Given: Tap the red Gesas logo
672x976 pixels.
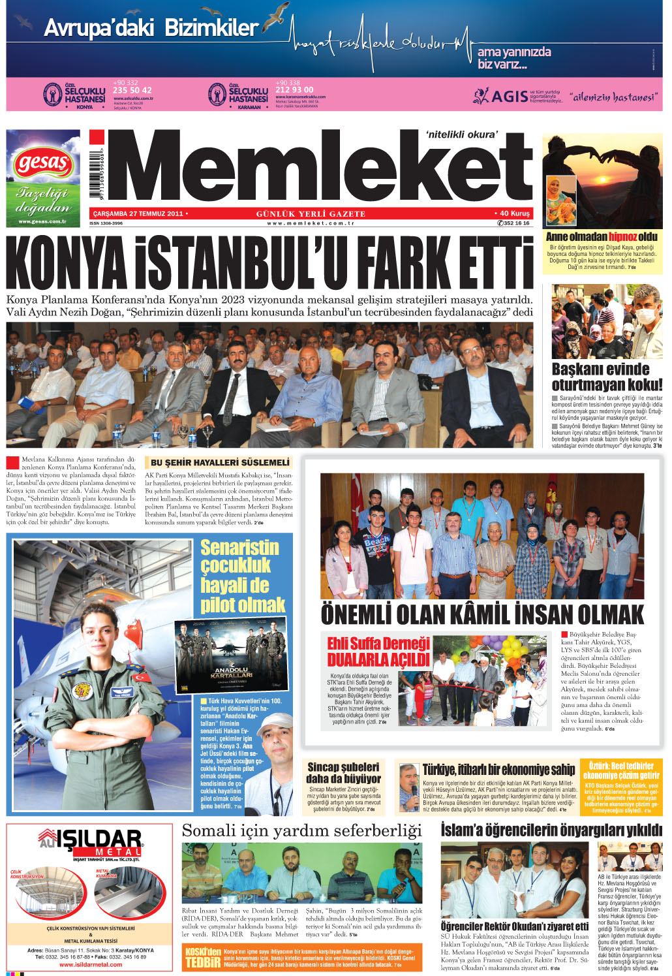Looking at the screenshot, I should (x=43, y=161).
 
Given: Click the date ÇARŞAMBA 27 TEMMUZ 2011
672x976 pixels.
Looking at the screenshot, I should (x=138, y=213).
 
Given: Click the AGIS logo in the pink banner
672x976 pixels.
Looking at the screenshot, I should (x=501, y=97).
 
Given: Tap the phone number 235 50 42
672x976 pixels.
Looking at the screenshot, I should (x=132, y=90).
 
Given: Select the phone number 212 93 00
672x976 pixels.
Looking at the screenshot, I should (x=294, y=89).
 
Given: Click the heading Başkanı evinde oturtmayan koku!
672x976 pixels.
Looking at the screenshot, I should (x=606, y=377).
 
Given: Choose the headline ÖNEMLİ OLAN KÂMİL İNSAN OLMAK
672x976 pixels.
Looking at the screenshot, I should (x=482, y=615).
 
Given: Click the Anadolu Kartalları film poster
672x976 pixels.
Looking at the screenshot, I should (x=231, y=655).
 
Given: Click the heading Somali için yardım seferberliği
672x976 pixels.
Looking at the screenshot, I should (x=301, y=830).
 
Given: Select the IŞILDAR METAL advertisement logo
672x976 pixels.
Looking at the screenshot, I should (x=91, y=843).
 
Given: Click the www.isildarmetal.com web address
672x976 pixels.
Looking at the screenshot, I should (x=91, y=964).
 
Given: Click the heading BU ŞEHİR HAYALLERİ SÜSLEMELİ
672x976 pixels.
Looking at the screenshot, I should (x=220, y=462).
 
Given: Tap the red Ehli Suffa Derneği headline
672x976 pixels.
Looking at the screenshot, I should (x=378, y=652).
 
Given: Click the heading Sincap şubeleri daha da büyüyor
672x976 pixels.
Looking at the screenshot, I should (x=343, y=772).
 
